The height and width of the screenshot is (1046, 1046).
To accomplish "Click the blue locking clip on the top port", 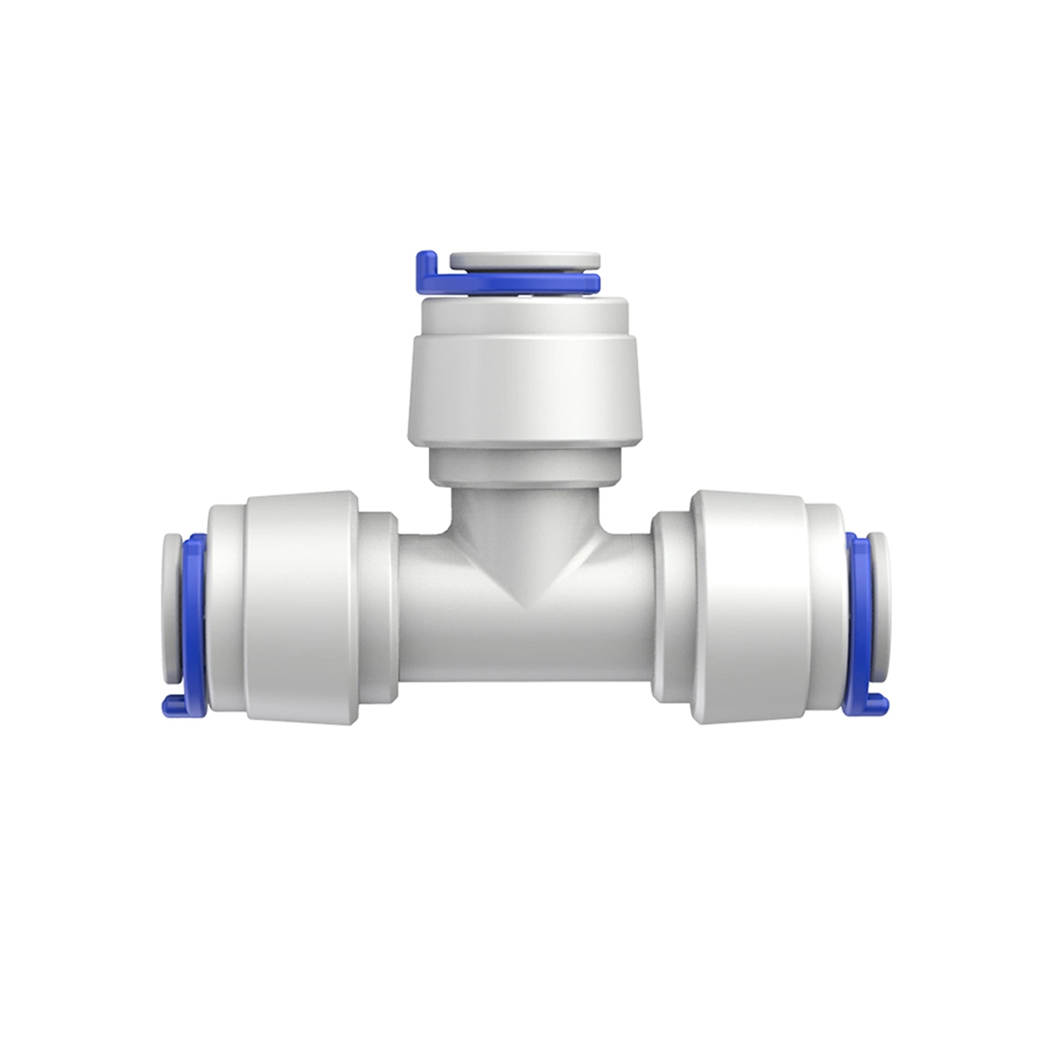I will (x=523, y=281).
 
